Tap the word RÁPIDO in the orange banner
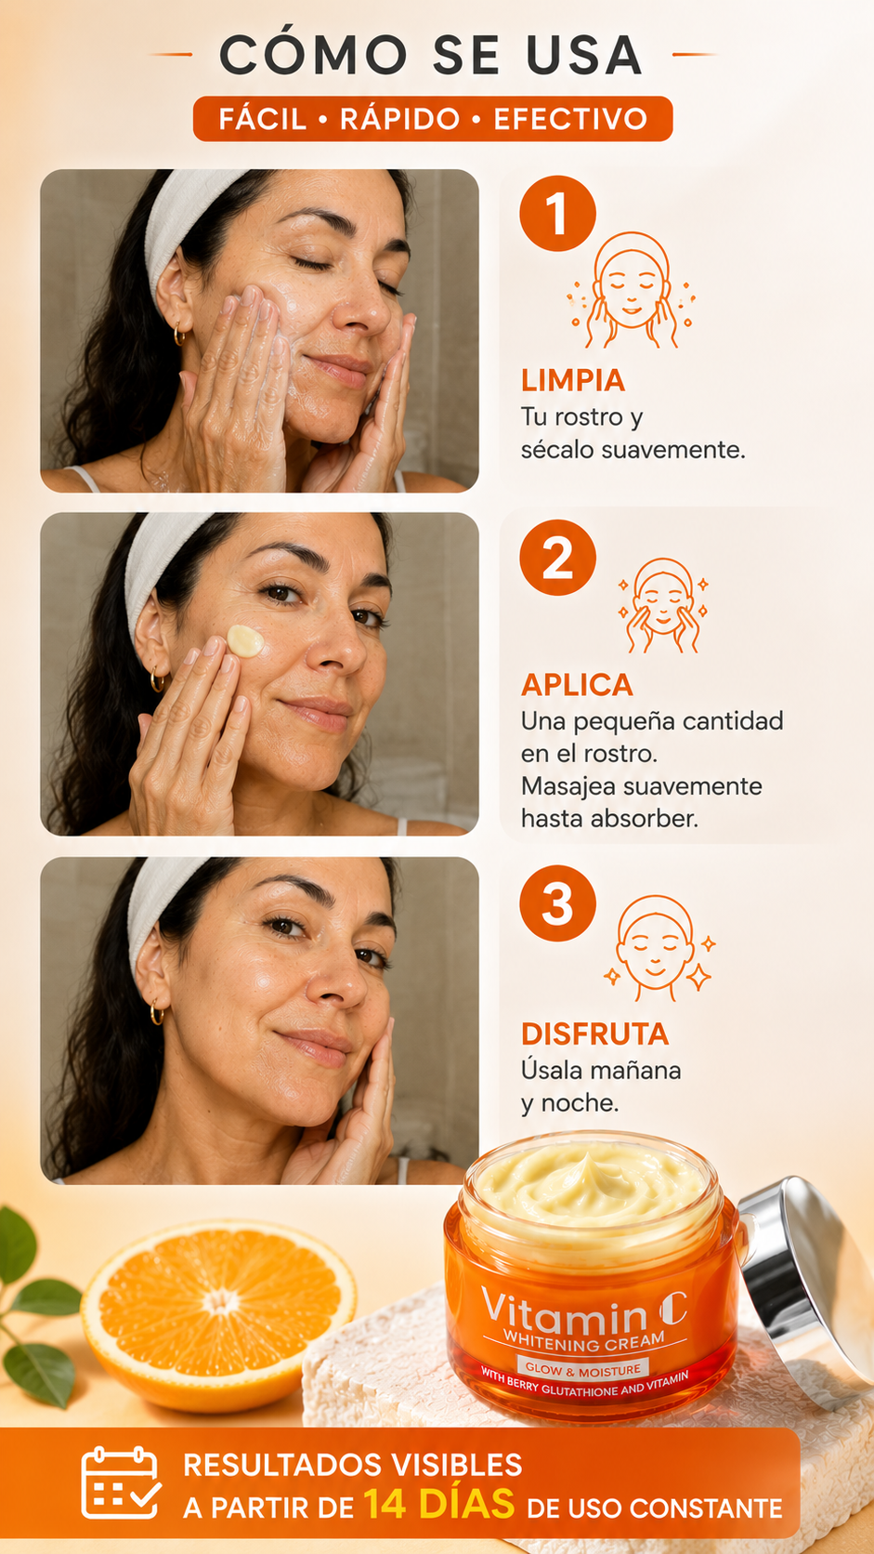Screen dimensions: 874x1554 pos(400,119)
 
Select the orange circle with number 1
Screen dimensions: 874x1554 pos(558,213)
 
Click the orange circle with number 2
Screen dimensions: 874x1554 pos(558,558)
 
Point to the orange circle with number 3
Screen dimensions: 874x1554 pos(558,903)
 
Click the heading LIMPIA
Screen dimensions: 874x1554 pos(573,381)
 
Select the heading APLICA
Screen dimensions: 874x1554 pos(578,685)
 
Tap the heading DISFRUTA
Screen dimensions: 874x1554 pos(595,1034)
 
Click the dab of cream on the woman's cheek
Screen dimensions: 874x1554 pos(245,641)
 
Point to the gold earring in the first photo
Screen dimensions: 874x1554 pos(179,335)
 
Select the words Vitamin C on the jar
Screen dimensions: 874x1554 pos(583,1310)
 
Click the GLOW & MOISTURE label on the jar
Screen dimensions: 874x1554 pos(583,1369)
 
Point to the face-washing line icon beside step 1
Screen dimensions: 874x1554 pos(632,290)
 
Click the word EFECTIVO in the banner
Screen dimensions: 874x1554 pos(570,119)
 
